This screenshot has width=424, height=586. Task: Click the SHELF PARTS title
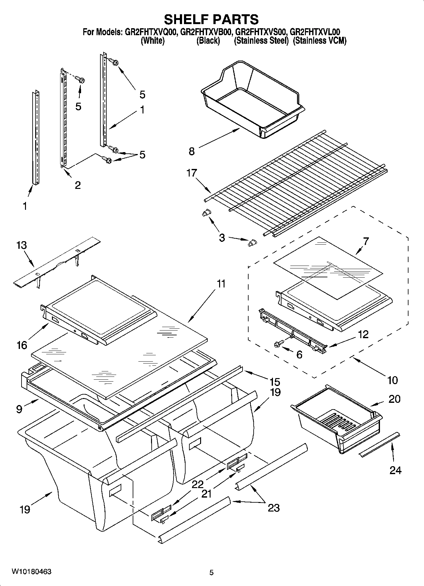(211, 19)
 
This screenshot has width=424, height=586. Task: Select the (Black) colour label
(208, 41)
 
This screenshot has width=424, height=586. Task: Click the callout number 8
(192, 151)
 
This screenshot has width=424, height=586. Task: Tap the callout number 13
(22, 245)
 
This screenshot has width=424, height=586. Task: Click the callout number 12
(364, 334)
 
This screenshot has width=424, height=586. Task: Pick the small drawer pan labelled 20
(337, 422)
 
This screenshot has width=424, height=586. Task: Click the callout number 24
(396, 470)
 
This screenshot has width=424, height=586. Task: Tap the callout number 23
(274, 508)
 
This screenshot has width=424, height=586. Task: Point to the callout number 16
(22, 345)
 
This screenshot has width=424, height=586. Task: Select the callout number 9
(19, 409)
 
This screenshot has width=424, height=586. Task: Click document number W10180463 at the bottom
(31, 572)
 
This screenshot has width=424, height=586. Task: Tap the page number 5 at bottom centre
(212, 572)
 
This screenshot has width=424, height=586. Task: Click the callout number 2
(78, 185)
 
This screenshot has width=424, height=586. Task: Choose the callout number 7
(366, 241)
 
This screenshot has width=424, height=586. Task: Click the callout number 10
(392, 380)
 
